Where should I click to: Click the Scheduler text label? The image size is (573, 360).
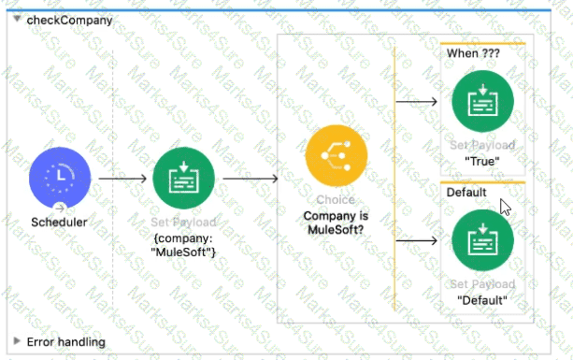[x=60, y=223]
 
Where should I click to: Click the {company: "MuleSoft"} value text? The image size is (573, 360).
[x=183, y=244]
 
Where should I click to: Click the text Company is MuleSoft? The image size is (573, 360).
[x=337, y=223]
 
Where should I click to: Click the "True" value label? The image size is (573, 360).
[x=482, y=160]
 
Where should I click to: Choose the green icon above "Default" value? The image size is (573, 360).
[x=482, y=240]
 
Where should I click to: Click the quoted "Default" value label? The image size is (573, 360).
[x=482, y=300]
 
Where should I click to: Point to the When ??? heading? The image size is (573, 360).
[x=467, y=54]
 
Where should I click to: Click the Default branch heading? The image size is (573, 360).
[x=466, y=193]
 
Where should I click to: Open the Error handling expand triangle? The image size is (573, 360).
[x=16, y=342]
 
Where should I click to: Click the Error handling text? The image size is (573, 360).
[x=65, y=342]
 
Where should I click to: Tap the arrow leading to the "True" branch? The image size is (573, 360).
[x=417, y=101]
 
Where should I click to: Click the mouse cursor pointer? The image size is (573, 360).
[x=506, y=207]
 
